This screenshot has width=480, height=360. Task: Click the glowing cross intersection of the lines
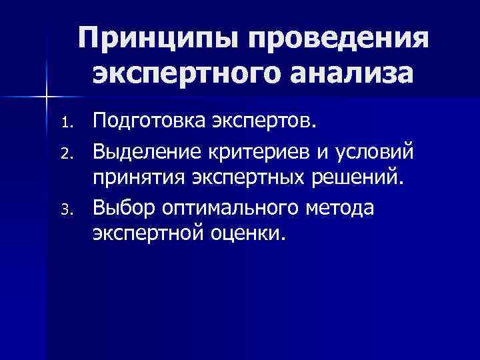tap(46, 98)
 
